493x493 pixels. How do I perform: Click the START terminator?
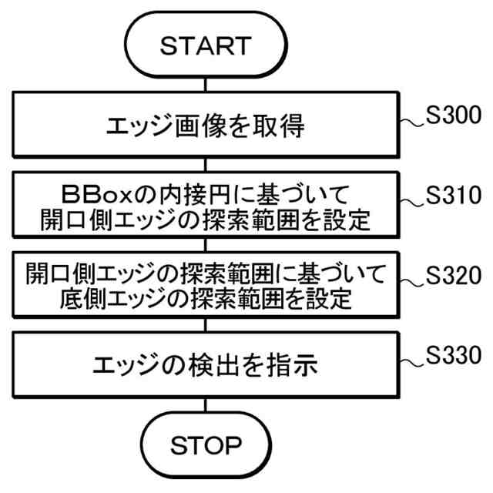(206, 45)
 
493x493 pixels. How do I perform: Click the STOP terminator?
(206, 445)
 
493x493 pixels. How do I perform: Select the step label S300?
(454, 117)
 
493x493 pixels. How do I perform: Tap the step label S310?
(454, 197)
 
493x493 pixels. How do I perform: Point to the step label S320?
(454, 275)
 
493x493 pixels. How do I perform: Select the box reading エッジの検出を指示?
(206, 364)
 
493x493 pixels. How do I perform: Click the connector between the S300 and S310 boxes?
(206, 166)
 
